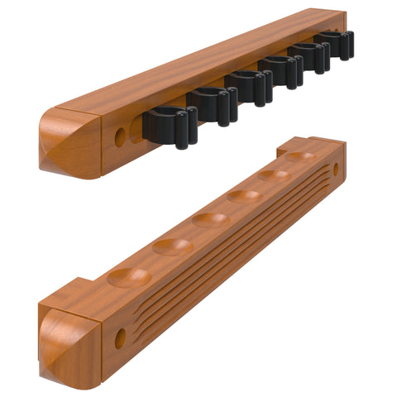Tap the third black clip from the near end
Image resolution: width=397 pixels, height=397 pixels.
coord(250,86)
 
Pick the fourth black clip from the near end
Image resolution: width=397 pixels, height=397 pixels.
coord(283,69)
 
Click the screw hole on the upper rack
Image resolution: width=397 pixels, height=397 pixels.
coord(120,137)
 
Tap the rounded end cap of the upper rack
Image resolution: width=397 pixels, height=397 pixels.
coord(70,142)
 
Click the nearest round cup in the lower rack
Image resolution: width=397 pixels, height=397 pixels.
coord(130,277)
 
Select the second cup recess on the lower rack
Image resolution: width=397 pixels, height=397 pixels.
coord(173,246)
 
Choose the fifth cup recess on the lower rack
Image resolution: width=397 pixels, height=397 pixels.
coord(274,175)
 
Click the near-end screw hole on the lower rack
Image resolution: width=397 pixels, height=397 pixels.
coord(120,338)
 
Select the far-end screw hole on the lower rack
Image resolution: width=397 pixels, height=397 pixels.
coord(335,170)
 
